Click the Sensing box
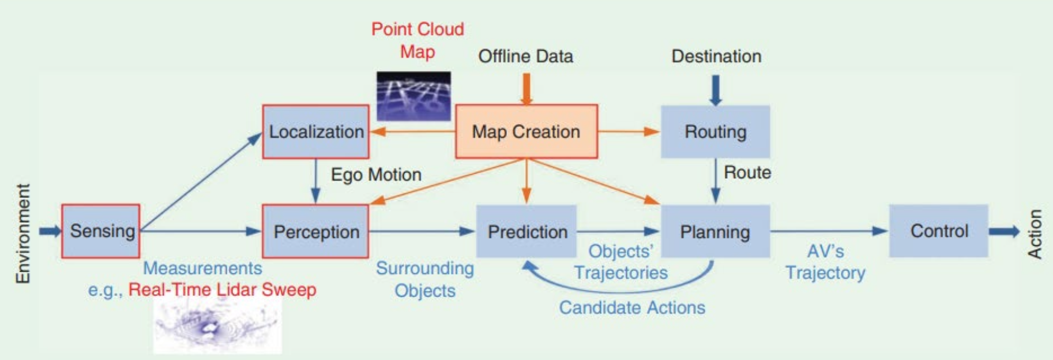point(101,231)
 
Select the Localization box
point(315,132)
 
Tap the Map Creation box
point(526,132)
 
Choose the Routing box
point(715,132)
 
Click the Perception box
point(315,231)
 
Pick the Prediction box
point(526,231)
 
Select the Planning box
point(715,231)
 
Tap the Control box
point(938,231)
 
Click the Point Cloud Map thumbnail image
point(413,96)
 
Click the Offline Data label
point(525,56)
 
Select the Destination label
point(716,56)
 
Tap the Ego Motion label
point(376,174)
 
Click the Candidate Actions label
point(632,307)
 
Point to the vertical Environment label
point(22,234)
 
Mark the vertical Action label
point(1035,234)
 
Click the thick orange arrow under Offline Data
point(526,89)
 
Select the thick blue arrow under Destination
point(716,90)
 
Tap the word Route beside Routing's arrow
point(747,172)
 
